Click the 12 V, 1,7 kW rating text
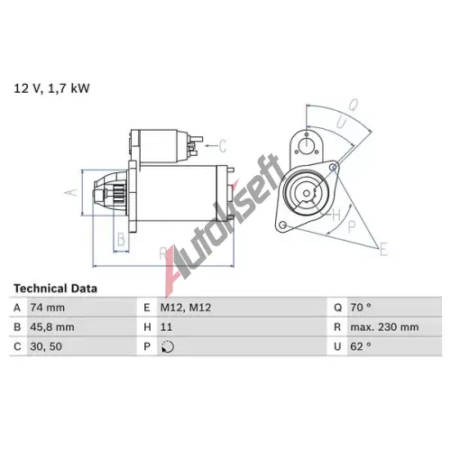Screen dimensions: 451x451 (x=51, y=88)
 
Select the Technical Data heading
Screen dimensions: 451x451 (x=55, y=289)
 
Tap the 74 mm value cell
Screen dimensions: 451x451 (x=47, y=308)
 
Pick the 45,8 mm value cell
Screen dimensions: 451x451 (x=52, y=327)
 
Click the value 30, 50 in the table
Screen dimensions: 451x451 (x=46, y=346)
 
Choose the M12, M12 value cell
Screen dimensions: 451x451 (x=186, y=308)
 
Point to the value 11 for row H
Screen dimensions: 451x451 (x=166, y=327)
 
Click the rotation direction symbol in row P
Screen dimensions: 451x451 (x=168, y=346)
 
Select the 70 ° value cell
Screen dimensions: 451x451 (x=361, y=308)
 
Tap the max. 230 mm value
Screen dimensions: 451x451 (x=384, y=327)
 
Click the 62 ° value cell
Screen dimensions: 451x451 (x=361, y=346)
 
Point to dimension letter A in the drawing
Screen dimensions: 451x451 (x=72, y=192)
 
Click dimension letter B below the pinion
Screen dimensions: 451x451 (x=121, y=239)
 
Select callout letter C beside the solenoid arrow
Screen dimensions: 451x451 (x=222, y=146)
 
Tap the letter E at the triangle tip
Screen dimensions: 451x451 (x=383, y=249)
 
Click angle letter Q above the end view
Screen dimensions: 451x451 (x=354, y=105)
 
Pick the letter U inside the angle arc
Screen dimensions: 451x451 (x=341, y=123)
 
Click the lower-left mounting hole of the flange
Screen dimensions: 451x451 (x=282, y=225)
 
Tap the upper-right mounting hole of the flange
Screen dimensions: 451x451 (x=333, y=167)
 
